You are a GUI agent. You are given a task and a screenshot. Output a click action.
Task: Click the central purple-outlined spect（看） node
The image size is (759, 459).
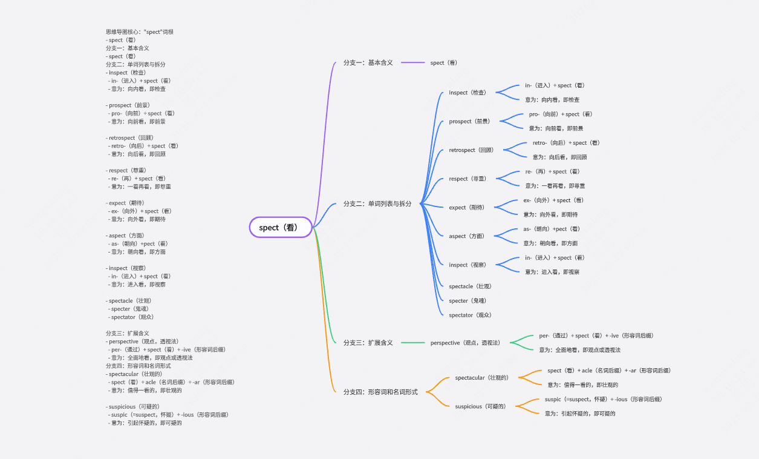tap(281, 227)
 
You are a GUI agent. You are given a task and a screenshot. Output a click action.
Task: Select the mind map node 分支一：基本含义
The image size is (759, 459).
tap(368, 63)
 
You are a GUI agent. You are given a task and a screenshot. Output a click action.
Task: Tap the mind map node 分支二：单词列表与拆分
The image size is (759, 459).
tap(377, 204)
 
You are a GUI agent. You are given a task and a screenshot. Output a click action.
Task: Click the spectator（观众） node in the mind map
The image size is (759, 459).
tap(470, 315)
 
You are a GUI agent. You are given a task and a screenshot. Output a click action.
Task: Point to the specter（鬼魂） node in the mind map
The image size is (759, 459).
tap(467, 301)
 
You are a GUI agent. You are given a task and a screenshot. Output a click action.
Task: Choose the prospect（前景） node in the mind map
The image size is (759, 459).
tap(469, 122)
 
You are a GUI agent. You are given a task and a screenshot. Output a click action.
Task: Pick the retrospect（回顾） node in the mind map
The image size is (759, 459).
tap(471, 150)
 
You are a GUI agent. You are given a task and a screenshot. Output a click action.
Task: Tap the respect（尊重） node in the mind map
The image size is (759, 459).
tap(467, 179)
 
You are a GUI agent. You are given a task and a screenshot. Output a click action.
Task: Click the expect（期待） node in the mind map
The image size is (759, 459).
tap(466, 208)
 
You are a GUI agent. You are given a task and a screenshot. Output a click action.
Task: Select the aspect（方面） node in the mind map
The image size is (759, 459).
tap(466, 236)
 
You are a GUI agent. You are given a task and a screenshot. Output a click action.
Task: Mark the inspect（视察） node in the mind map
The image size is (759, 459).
tap(467, 265)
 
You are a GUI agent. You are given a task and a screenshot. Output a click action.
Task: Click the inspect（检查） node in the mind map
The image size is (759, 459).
tap(467, 93)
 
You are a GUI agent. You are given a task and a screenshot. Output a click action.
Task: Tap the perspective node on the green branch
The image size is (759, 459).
tap(465, 343)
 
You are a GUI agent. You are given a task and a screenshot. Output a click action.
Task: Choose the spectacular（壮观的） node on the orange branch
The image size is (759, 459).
tap(481, 378)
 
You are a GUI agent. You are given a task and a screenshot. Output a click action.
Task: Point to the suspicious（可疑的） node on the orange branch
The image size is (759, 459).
tap(480, 406)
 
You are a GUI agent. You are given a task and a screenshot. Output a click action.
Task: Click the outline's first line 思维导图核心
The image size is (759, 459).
tap(140, 32)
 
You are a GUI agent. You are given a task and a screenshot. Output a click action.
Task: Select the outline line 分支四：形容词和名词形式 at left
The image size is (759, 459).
tap(138, 366)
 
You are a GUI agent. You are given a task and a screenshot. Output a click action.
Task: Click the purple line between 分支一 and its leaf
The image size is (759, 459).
tap(412, 63)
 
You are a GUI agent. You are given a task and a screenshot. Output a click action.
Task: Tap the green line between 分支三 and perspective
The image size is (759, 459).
tap(412, 343)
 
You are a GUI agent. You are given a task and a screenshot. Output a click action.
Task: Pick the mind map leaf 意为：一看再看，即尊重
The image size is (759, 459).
tap(555, 186)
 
